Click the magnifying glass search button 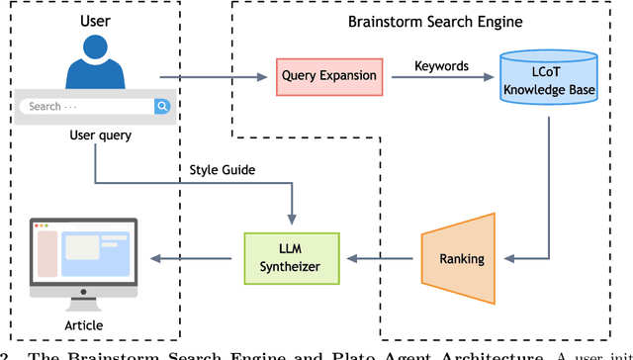pyautogui.click(x=161, y=107)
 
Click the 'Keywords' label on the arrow pyautogui.click(x=441, y=66)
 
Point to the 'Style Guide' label pyautogui.click(x=223, y=170)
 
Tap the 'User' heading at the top pyautogui.click(x=95, y=19)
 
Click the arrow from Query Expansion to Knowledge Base pyautogui.click(x=441, y=77)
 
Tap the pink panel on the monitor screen pyautogui.click(x=46, y=254)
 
